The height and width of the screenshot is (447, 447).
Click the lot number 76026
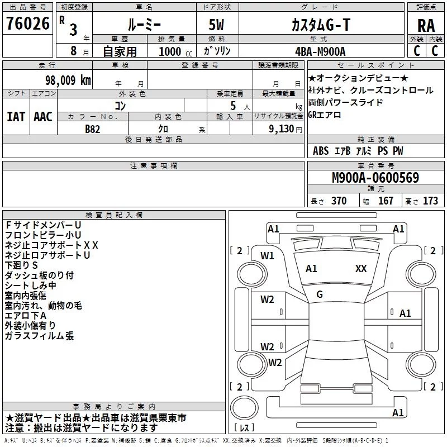tap(27, 23)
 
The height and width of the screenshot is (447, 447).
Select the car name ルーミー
tap(144, 25)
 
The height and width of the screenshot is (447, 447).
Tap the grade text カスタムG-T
tap(321, 25)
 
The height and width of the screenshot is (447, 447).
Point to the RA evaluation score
tap(426, 26)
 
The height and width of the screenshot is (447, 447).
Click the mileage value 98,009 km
tap(68, 80)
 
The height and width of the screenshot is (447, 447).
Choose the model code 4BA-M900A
tap(320, 51)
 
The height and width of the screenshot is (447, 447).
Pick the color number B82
tap(92, 129)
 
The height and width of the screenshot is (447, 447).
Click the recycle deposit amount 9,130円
tap(286, 129)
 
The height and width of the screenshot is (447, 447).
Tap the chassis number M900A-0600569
tap(375, 177)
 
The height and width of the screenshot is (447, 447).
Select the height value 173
tap(430, 201)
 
